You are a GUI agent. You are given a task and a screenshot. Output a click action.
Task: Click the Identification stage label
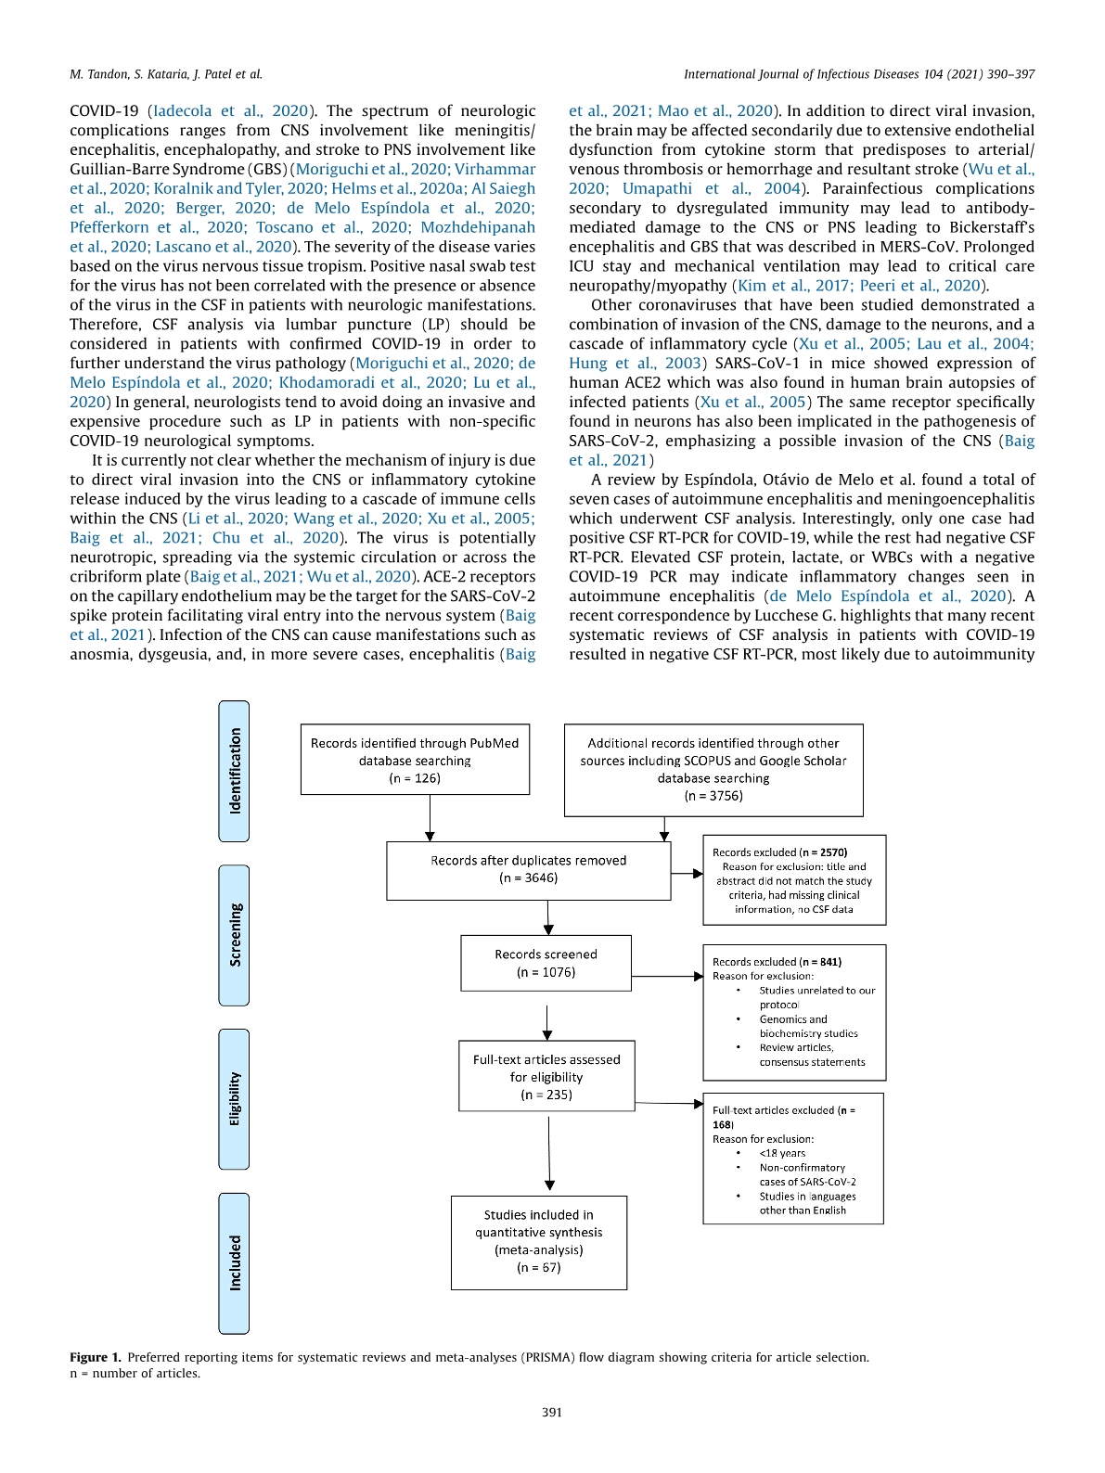234,771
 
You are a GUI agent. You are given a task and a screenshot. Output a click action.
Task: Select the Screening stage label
234,935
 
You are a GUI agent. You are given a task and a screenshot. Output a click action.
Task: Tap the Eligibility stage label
234,1099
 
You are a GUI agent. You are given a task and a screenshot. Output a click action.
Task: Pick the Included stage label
234,1262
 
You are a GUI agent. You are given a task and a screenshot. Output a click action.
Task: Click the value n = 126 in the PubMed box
415,778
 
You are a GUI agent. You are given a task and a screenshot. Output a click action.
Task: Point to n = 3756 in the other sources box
713,796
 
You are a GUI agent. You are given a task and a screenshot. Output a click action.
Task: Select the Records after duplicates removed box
528,869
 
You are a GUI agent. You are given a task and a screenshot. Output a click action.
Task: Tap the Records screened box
546,963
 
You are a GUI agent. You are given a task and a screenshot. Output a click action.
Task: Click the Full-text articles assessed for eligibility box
546,1076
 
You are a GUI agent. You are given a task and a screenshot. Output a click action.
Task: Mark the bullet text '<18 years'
782,1153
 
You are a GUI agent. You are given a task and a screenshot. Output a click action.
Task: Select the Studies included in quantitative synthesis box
538,1241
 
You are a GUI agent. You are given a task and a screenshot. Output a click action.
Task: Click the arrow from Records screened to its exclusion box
666,976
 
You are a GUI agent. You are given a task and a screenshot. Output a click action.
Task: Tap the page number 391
552,1412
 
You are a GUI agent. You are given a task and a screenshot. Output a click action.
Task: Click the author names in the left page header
166,74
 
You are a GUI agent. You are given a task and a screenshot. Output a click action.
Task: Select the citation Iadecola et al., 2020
232,110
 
